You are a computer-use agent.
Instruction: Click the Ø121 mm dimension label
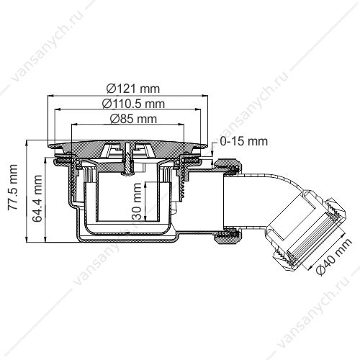(x=133, y=89)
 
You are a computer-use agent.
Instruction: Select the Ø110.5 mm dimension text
(x=133, y=104)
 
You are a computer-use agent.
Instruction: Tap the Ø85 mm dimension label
(x=133, y=119)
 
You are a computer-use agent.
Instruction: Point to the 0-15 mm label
(x=243, y=141)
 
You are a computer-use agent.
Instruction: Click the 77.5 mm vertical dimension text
(x=12, y=187)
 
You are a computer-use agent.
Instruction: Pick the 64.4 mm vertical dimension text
(x=37, y=199)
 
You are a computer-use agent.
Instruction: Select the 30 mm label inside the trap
(x=138, y=201)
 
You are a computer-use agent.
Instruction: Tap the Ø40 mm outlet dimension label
(x=334, y=256)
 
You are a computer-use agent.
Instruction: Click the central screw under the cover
(x=127, y=159)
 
